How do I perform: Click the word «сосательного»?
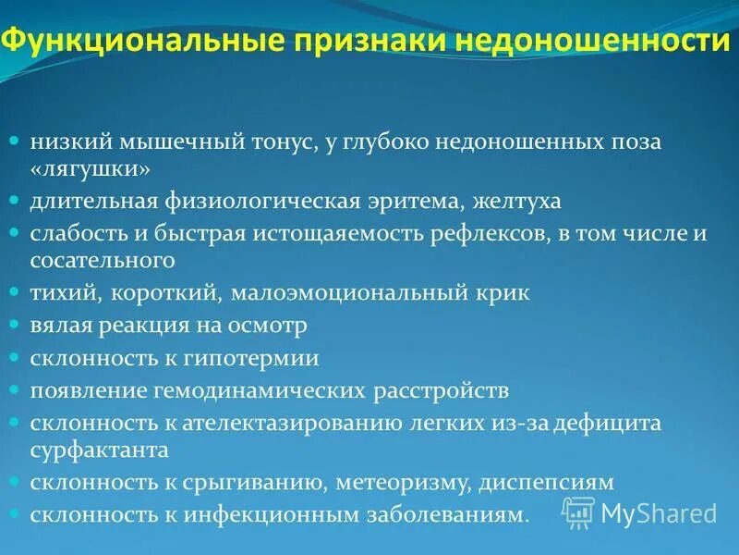point(101,262)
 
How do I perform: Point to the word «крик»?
point(504,293)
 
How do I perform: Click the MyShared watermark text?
point(658,512)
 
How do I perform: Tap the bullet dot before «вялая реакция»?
point(15,326)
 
